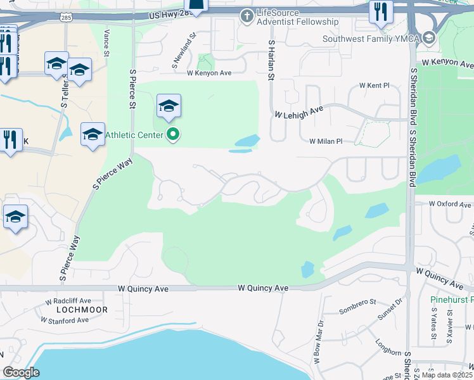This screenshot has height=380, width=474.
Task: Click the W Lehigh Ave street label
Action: click(x=299, y=112)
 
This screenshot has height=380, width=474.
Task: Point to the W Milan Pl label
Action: click(x=326, y=142)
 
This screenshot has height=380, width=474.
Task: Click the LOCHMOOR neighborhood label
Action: click(x=82, y=310)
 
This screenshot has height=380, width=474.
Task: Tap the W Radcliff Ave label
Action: click(x=68, y=301)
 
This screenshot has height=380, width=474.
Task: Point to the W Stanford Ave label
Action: click(x=65, y=320)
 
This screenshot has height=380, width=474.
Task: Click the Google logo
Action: click(x=21, y=372)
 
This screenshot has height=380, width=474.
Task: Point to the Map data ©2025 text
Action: click(x=447, y=375)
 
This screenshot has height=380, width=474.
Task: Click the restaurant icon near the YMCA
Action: click(x=381, y=13)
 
